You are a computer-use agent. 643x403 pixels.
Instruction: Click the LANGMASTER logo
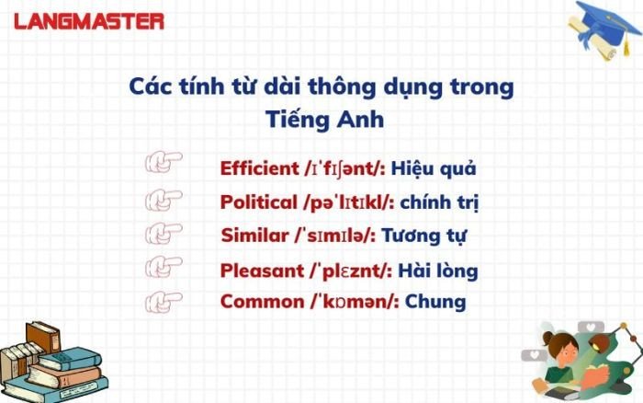90,21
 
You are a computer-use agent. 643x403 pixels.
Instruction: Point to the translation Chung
435,301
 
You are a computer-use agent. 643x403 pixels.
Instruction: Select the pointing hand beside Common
164,300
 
